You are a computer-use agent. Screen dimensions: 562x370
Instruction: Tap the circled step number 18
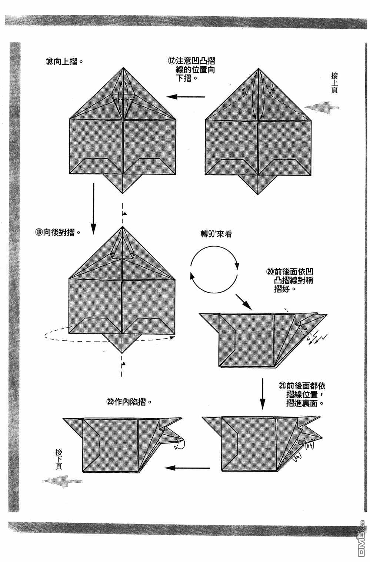click(49, 62)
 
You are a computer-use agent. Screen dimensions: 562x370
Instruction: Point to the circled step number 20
click(270, 272)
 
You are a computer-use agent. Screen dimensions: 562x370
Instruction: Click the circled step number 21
click(282, 386)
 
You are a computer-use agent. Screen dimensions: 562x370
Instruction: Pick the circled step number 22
click(110, 402)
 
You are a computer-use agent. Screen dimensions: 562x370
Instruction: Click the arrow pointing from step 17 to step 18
click(186, 97)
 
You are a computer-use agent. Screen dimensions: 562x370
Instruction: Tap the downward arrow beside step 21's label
click(262, 394)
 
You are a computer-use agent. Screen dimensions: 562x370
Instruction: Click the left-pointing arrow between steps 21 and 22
click(187, 468)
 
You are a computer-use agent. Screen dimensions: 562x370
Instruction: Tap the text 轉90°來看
click(216, 235)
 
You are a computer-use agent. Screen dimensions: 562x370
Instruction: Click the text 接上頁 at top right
click(334, 82)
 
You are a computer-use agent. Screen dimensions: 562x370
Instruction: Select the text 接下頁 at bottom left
click(59, 459)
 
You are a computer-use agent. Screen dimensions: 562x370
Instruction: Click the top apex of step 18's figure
click(123, 68)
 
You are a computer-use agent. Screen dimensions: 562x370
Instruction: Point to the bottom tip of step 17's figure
click(258, 193)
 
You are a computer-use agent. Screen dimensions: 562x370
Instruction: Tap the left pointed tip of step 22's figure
click(64, 418)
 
